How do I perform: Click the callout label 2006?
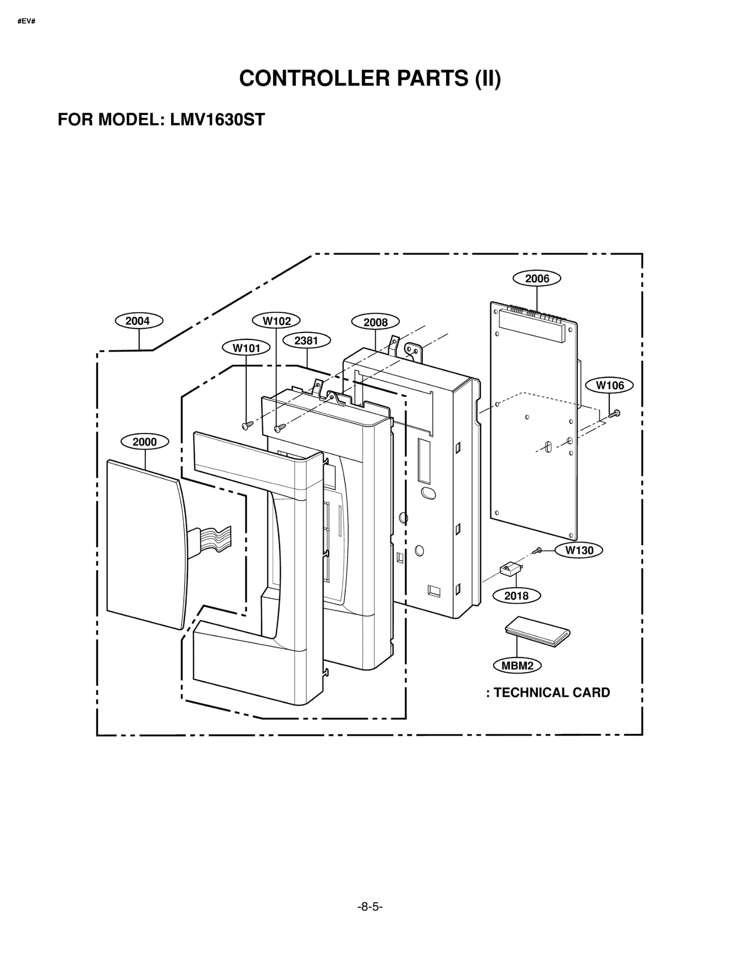tap(537, 279)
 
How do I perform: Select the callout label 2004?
tap(139, 321)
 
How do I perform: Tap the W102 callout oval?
tap(276, 320)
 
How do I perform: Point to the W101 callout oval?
tap(246, 348)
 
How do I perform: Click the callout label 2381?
tap(306, 341)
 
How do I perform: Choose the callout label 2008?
tap(375, 322)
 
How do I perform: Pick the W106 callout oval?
tap(609, 385)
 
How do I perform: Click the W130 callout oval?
tap(579, 550)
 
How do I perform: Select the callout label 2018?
tap(516, 596)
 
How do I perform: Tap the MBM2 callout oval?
tap(517, 666)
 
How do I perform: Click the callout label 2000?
tap(145, 442)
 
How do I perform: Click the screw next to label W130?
tap(538, 550)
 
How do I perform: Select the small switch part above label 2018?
tap(510, 569)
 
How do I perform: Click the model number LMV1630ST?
tap(217, 120)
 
